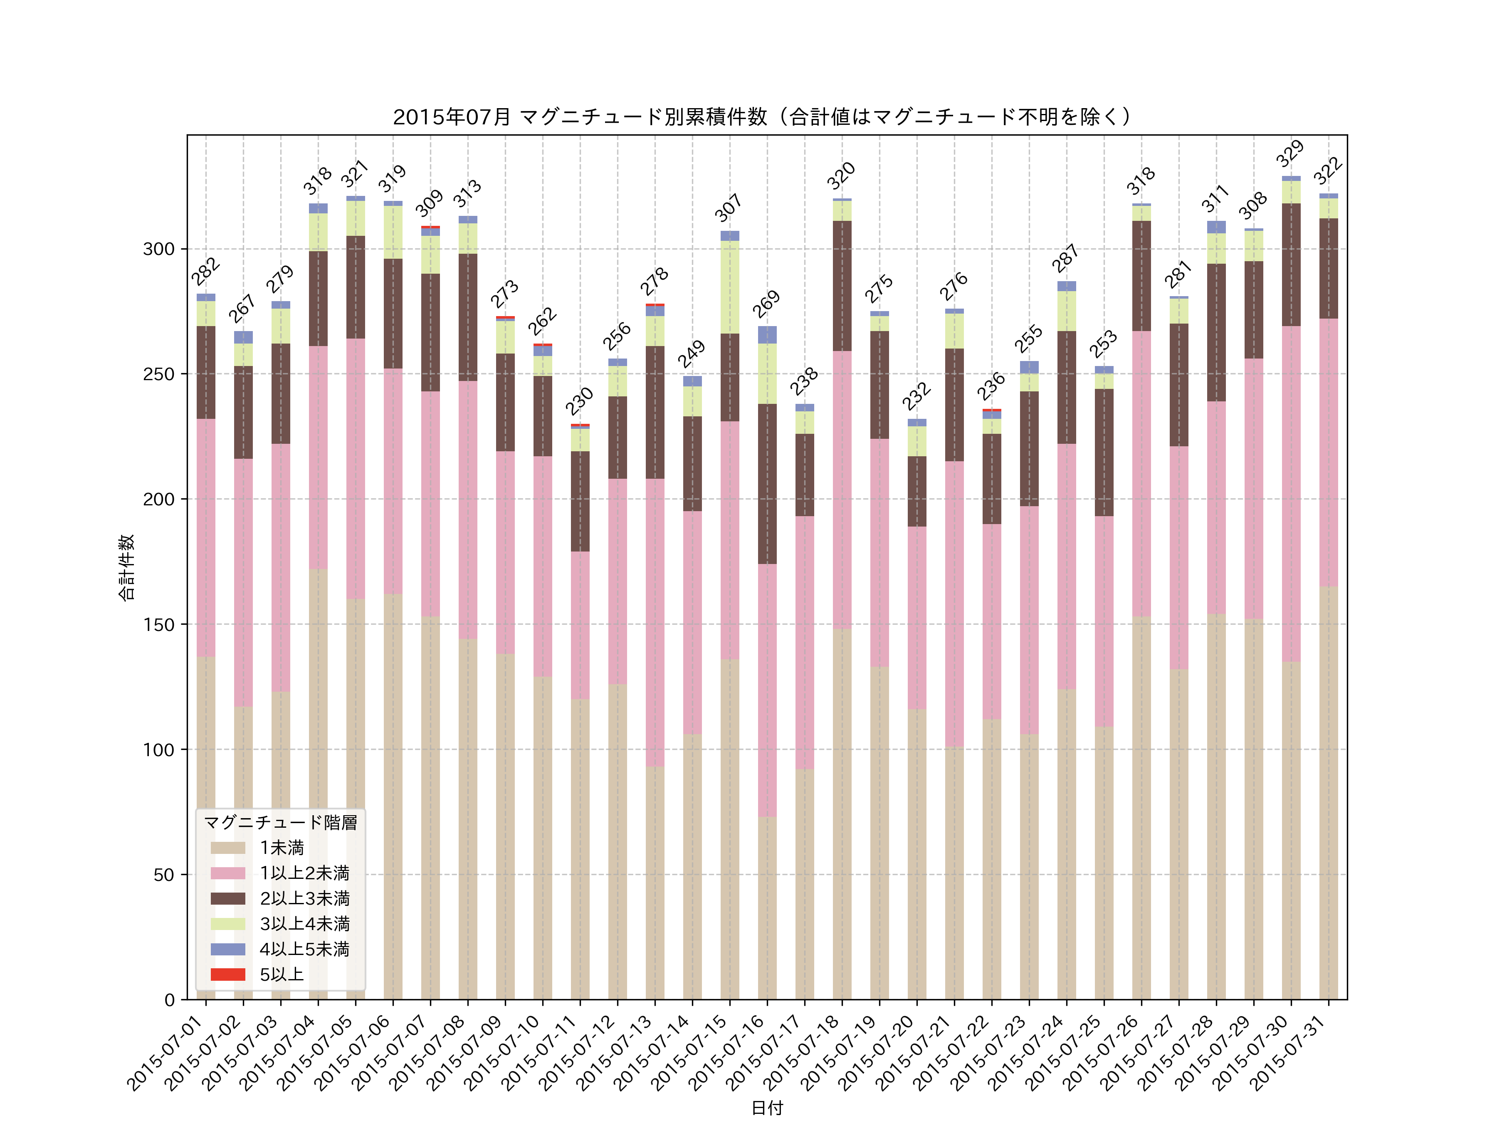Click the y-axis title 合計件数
point(126,567)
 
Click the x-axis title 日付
point(767,1108)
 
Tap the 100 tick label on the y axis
point(158,750)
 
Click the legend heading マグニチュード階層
point(280,822)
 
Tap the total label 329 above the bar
point(1290,153)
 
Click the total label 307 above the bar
point(728,208)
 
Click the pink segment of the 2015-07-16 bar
point(767,690)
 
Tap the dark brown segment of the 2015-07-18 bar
point(842,286)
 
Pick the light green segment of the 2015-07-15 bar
point(729,287)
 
